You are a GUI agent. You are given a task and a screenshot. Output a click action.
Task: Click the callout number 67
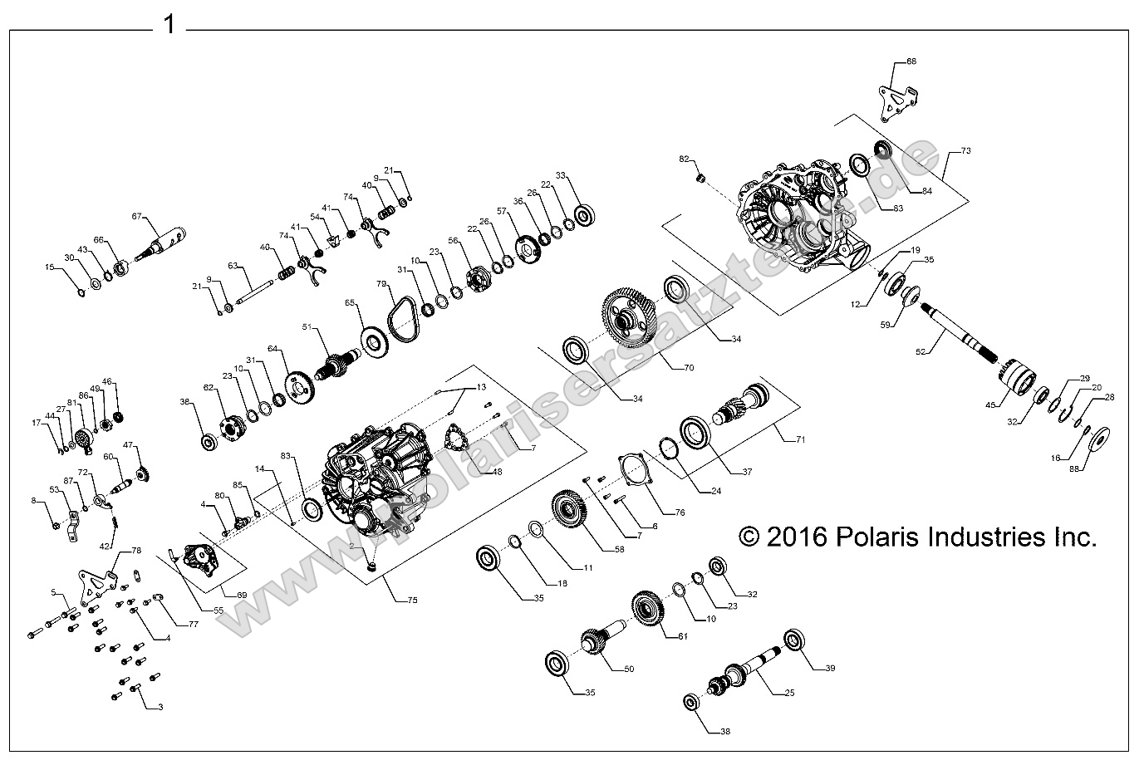[138, 215]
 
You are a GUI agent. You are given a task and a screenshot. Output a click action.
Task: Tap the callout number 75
[411, 600]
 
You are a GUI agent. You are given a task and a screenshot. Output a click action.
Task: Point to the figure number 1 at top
[169, 24]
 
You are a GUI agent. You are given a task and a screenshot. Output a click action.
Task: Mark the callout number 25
[789, 693]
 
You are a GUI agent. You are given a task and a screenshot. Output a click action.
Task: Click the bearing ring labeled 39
[796, 641]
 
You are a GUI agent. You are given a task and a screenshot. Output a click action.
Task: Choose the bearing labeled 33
[584, 217]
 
